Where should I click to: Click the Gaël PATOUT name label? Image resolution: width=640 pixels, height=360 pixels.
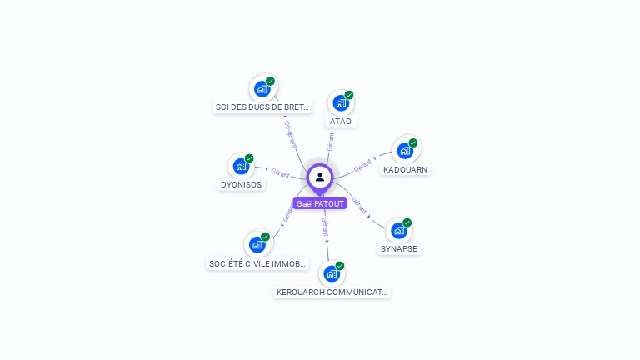click(320, 203)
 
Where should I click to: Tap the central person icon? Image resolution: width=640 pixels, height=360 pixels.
click(320, 177)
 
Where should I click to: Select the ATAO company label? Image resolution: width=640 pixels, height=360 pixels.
click(341, 122)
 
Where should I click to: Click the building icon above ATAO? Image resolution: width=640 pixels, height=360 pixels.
click(340, 102)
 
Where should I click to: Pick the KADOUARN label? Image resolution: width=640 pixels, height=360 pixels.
click(405, 169)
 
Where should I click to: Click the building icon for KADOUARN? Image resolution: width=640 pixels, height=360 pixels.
click(404, 150)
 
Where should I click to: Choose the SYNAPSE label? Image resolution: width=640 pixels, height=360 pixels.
click(399, 248)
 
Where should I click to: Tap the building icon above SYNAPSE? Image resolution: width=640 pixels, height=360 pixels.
click(398, 229)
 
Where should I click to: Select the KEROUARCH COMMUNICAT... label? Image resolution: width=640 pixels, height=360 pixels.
click(332, 292)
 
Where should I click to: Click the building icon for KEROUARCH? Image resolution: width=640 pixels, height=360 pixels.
click(332, 273)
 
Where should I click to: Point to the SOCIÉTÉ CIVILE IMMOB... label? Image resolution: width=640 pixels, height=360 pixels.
click(257, 264)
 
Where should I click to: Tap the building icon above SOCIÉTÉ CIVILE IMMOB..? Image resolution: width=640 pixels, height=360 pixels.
click(257, 244)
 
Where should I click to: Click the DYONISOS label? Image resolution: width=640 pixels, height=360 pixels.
click(241, 184)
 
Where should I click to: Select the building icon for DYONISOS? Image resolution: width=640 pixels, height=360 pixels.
click(241, 166)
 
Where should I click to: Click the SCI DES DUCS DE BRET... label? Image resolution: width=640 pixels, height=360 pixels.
click(262, 107)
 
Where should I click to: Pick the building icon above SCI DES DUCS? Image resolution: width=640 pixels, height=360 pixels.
click(262, 88)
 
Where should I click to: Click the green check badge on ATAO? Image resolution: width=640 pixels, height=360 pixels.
click(349, 95)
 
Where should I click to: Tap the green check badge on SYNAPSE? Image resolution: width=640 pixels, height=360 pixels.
click(407, 222)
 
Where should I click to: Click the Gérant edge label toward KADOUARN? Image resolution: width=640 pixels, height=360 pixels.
click(362, 166)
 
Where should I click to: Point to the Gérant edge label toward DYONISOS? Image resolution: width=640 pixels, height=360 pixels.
click(280, 173)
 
